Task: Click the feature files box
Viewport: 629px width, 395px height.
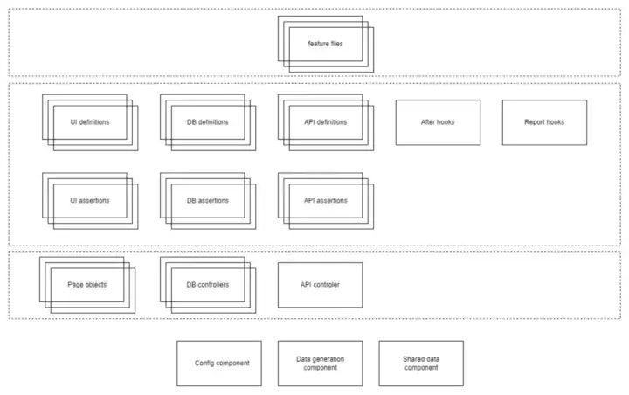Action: (x=325, y=44)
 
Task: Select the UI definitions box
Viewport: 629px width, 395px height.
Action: (x=90, y=122)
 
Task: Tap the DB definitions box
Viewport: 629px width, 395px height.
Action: (x=208, y=122)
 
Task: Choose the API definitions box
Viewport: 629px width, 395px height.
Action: (x=325, y=122)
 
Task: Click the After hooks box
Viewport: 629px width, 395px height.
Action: (x=438, y=122)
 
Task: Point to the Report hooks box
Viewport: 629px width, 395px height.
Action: (x=544, y=122)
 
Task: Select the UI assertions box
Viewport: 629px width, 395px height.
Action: (x=90, y=201)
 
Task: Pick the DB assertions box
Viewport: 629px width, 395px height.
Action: (x=208, y=201)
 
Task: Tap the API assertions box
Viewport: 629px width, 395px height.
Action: (x=325, y=201)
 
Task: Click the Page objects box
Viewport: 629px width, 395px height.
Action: (x=87, y=284)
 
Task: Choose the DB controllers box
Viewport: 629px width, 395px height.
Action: (x=208, y=284)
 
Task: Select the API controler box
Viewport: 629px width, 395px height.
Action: (x=320, y=285)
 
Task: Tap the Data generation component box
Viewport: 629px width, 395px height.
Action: (x=320, y=364)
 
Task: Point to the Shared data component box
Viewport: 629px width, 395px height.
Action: (x=421, y=364)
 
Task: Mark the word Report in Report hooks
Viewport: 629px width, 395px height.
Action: (x=535, y=122)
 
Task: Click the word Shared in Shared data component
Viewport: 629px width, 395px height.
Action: (x=412, y=359)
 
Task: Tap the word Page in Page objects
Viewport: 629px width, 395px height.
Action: (x=75, y=284)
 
